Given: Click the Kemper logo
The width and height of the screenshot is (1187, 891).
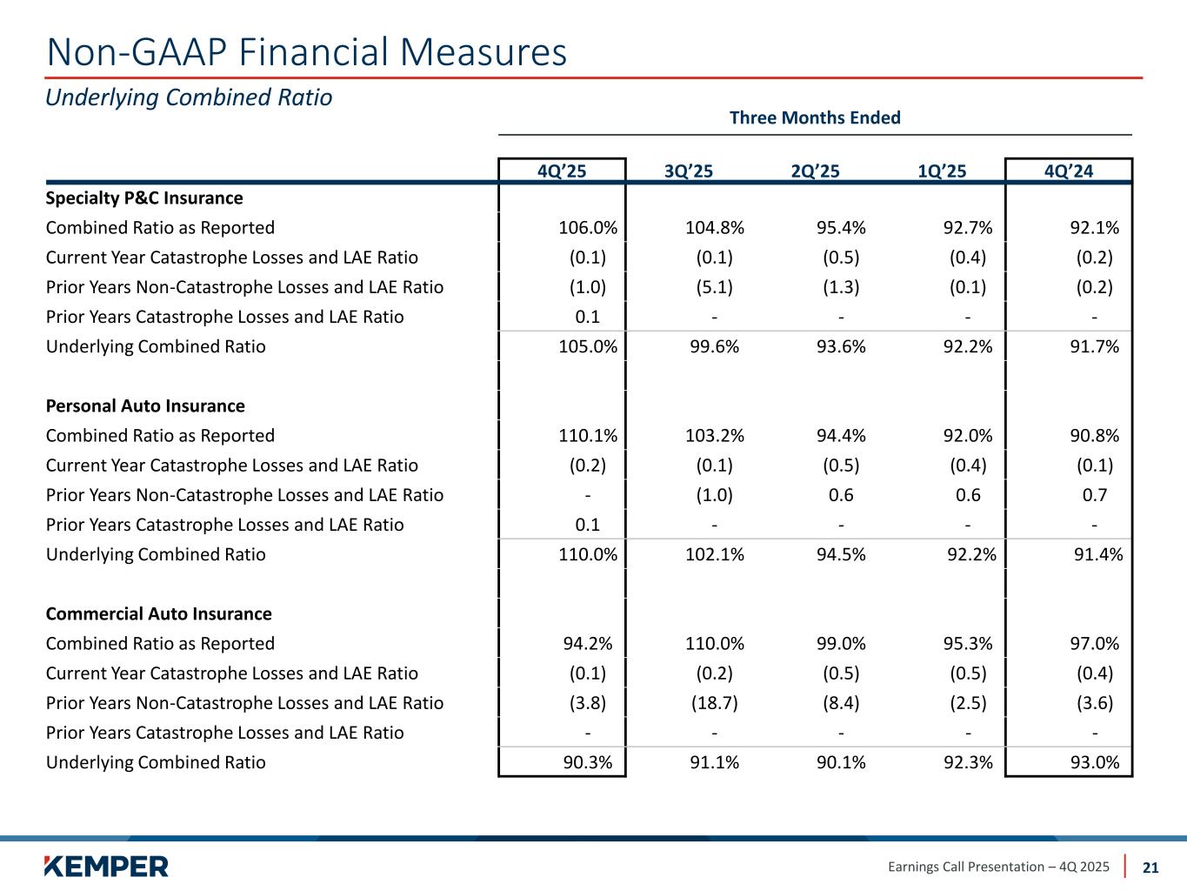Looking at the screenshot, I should (x=106, y=866).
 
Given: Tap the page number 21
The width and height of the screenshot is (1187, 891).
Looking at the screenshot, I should (x=1150, y=867).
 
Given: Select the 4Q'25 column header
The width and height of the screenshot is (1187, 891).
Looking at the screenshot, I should (x=562, y=171).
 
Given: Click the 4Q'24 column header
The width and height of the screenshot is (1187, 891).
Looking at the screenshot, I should (x=1069, y=171).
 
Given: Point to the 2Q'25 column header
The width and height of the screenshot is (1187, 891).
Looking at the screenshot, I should (x=815, y=171).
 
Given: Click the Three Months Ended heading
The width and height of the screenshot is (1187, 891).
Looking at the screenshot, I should (x=815, y=117).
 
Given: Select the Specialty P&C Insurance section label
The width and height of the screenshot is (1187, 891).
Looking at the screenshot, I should (x=144, y=198).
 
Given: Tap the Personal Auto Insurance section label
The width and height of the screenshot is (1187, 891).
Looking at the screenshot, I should (x=145, y=406).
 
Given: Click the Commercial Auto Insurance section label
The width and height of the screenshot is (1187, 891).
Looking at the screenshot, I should (x=158, y=614).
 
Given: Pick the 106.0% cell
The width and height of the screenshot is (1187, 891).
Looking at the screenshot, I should (x=588, y=228).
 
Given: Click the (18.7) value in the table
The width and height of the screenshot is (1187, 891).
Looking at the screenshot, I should (x=714, y=703).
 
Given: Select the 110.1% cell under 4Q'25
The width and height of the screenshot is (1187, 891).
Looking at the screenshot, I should (x=588, y=436).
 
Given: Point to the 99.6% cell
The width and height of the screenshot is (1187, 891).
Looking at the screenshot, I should (x=714, y=346).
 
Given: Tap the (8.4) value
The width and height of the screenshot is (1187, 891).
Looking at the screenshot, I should (x=841, y=703).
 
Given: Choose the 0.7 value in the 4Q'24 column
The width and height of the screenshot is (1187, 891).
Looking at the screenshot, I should (x=1095, y=495).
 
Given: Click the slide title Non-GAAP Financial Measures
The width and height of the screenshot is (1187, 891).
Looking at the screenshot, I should (x=306, y=52).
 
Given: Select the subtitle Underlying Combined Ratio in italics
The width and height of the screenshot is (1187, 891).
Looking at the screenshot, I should (x=189, y=97).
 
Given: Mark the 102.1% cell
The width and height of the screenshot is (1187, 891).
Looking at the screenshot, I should (x=714, y=554).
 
